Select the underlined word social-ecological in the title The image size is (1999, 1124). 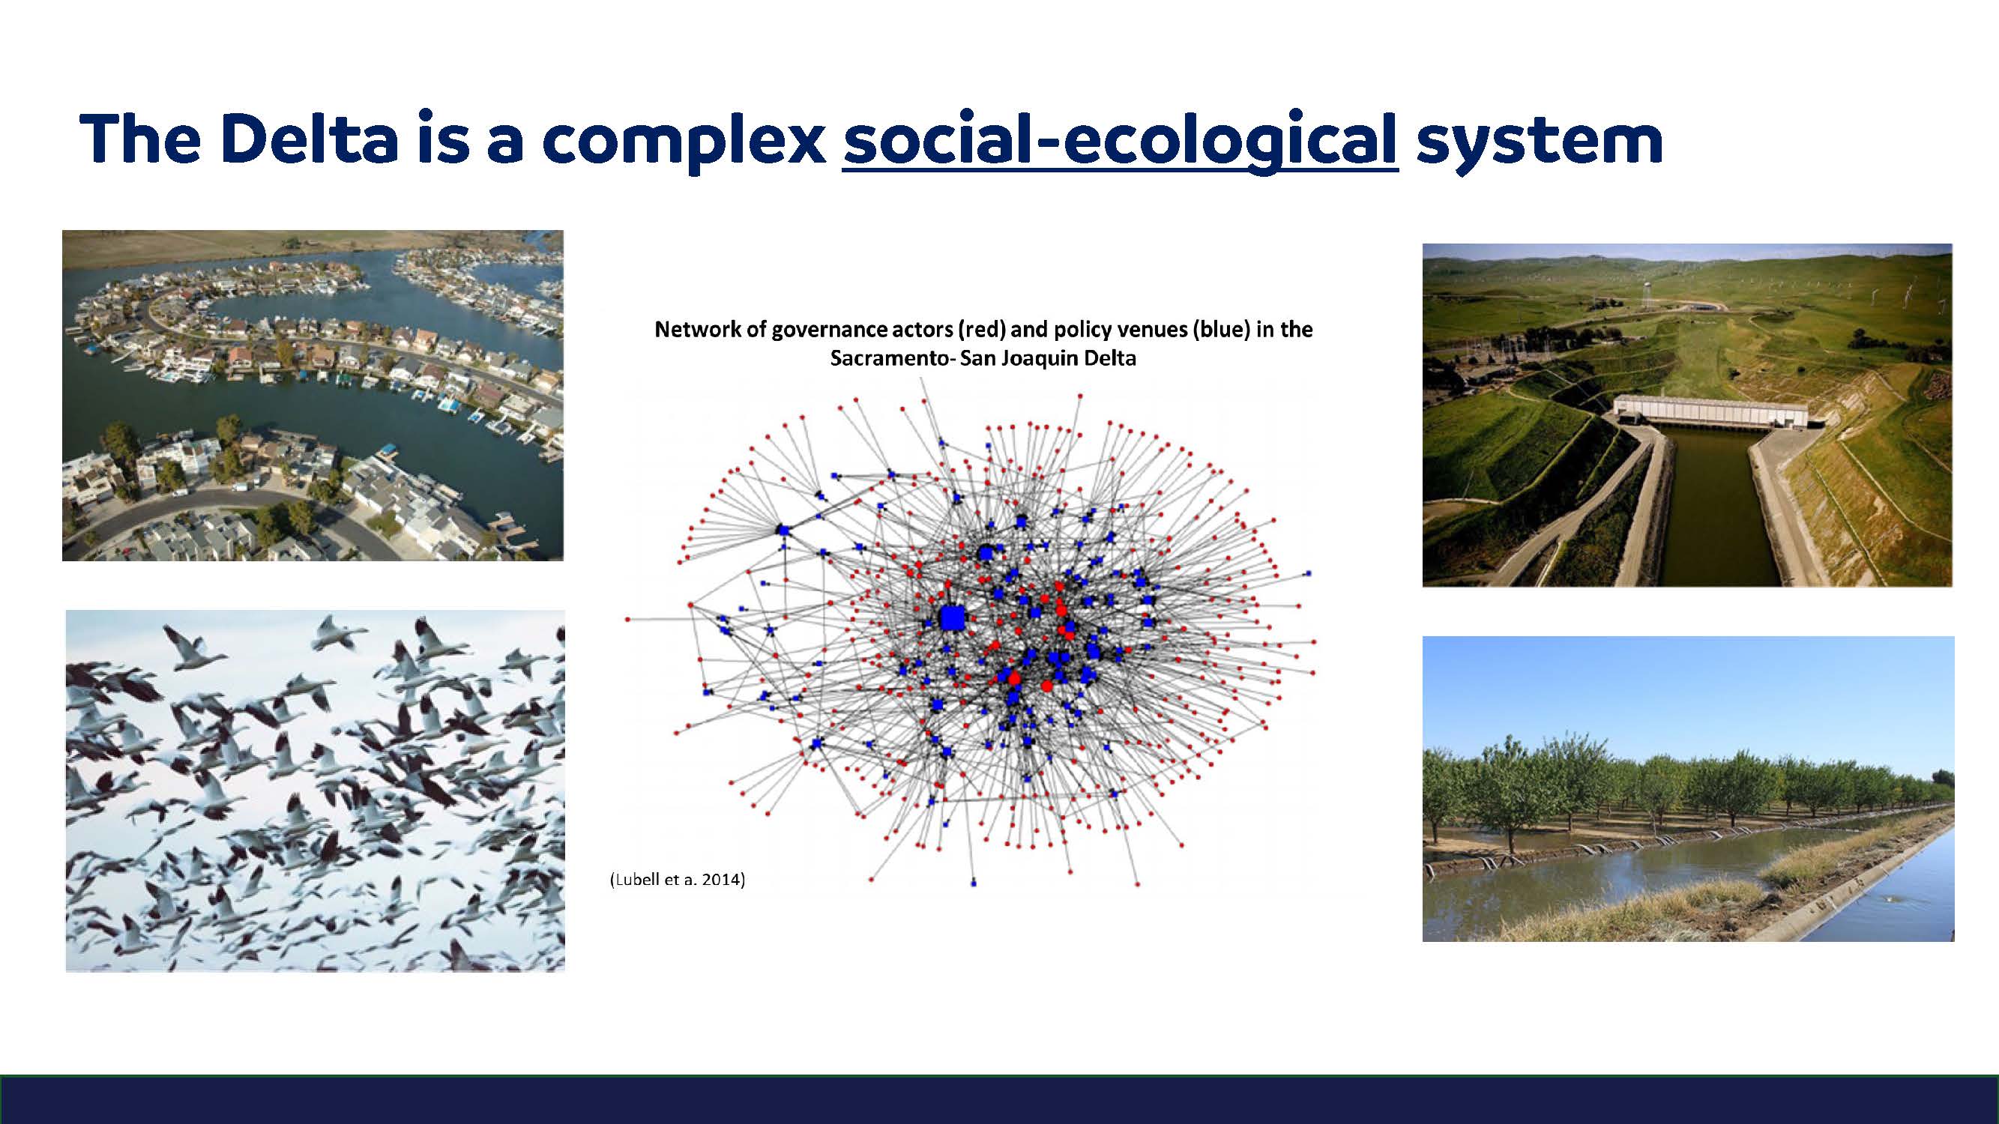(x=1121, y=141)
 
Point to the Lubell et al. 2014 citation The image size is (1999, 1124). (x=678, y=879)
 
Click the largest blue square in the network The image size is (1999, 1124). (x=951, y=618)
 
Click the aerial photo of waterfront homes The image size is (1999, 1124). (x=313, y=395)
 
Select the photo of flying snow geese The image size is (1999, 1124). (x=315, y=791)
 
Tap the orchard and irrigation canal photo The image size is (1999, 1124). (x=1688, y=789)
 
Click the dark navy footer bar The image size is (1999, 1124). (x=1000, y=1100)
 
